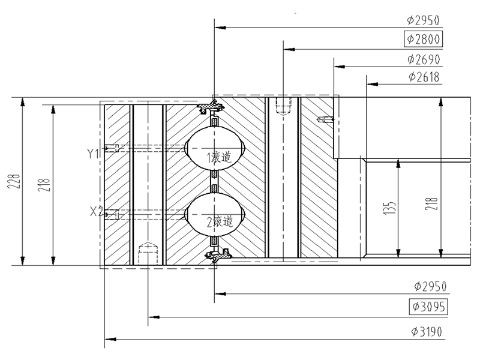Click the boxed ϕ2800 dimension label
(x=424, y=39)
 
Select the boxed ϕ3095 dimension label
(x=428, y=307)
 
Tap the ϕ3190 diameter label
(x=427, y=332)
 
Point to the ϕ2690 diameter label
(x=424, y=59)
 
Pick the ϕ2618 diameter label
(x=424, y=77)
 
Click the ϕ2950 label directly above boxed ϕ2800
(x=423, y=20)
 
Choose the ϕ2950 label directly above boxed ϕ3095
(x=430, y=287)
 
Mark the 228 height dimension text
(x=14, y=181)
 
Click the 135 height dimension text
(x=389, y=208)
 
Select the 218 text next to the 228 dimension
(x=44, y=185)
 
